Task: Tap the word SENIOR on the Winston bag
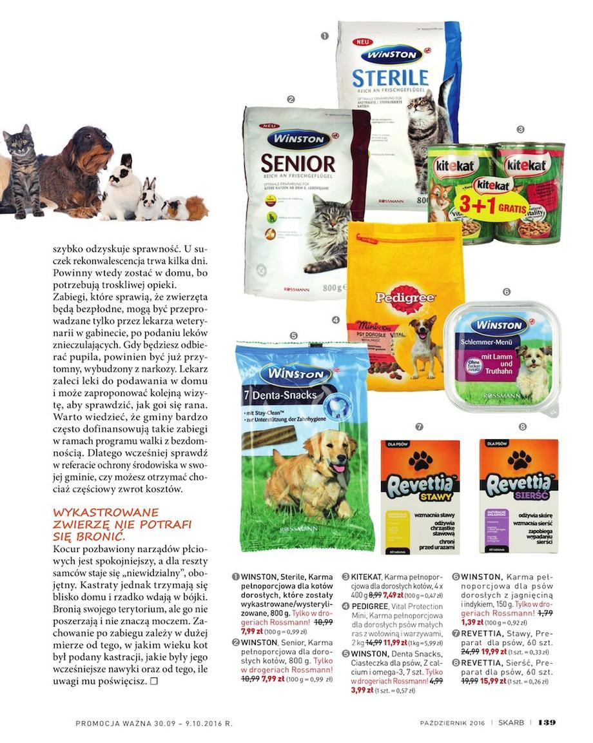tap(297, 163)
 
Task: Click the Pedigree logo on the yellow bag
tap(406, 299)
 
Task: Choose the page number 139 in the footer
tap(547, 722)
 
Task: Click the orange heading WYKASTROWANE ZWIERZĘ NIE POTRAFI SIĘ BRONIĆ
tap(122, 524)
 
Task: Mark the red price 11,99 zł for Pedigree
tap(395, 642)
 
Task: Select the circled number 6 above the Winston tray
tap(506, 292)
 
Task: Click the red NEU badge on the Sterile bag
tap(362, 42)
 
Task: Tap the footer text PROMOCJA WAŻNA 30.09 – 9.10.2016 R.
tap(153, 723)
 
